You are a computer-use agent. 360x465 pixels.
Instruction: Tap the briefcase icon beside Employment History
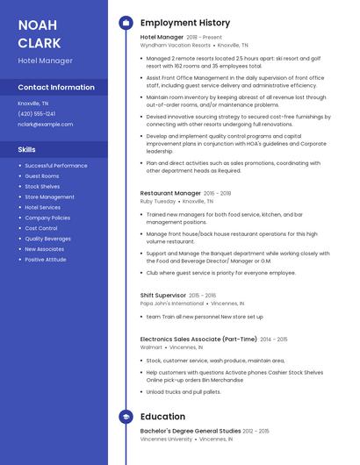coord(126,23)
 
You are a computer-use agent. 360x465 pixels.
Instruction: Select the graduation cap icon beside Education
coord(126,417)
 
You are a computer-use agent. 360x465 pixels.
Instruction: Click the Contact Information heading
coord(56,88)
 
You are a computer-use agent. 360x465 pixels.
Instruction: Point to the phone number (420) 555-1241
coord(37,113)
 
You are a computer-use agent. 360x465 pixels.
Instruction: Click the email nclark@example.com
coord(46,124)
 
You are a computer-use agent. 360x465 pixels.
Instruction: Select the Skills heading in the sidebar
coord(27,149)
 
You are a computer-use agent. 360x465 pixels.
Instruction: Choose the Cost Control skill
coord(41,228)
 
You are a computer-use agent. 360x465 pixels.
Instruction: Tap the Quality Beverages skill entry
coord(48,239)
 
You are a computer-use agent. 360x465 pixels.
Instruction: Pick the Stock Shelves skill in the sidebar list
coord(42,186)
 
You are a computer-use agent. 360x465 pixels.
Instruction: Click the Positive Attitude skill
coord(46,260)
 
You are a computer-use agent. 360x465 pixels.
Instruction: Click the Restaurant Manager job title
coord(170,192)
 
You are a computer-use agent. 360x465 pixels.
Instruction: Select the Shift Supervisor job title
coord(163,296)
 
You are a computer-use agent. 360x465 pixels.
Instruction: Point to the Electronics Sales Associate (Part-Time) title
coord(198,339)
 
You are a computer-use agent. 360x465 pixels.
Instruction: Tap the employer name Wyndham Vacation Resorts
coord(176,45)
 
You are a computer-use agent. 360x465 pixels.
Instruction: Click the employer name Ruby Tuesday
coord(158,201)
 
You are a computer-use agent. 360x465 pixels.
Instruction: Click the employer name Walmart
coord(151,347)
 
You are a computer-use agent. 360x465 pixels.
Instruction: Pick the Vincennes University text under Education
coord(167,439)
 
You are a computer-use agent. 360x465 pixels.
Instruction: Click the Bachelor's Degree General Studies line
coord(191,431)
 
